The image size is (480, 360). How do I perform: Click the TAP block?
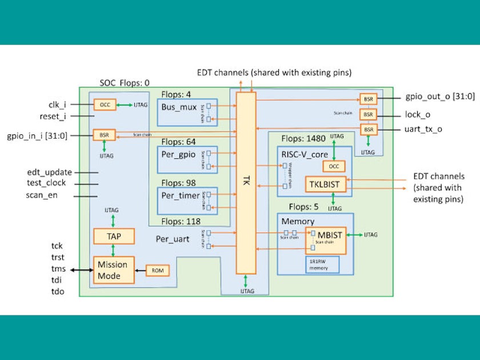114,235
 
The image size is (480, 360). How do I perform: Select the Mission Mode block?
113,270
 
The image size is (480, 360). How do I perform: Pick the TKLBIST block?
325,183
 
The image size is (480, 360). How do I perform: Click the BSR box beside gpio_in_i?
104,135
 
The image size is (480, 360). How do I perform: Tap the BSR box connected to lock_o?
368,114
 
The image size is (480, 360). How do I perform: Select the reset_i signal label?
53,116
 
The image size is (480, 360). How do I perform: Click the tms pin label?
58,269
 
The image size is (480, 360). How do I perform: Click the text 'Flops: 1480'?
301,139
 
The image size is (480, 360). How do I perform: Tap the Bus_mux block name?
179,107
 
